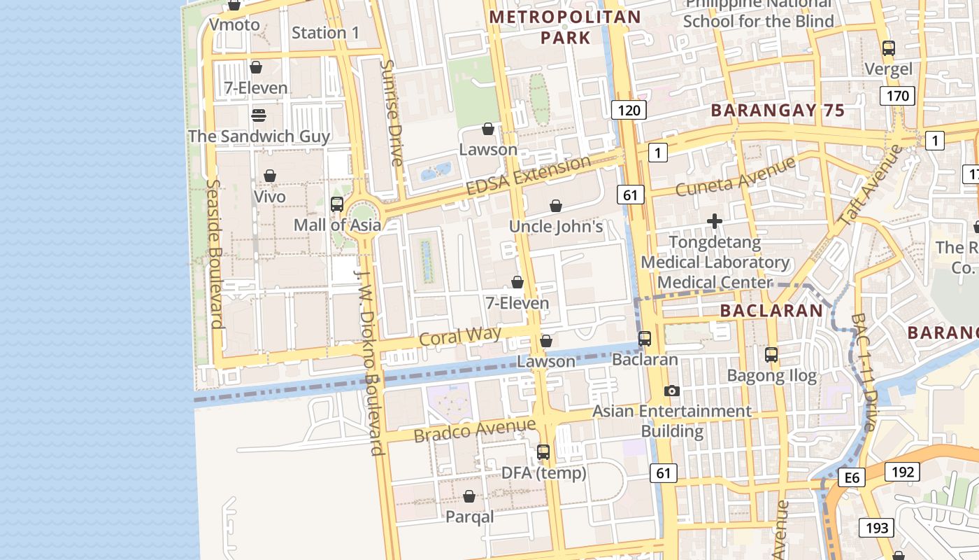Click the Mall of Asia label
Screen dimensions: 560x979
(337, 225)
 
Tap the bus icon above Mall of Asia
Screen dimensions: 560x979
(337, 204)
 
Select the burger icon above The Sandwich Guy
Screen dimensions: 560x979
(259, 115)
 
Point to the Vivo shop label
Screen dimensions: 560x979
(270, 197)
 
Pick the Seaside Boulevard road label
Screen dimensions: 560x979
(214, 253)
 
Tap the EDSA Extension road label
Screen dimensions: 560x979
(529, 176)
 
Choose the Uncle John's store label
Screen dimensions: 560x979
(556, 226)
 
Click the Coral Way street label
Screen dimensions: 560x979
(460, 336)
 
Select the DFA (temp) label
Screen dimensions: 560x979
(544, 473)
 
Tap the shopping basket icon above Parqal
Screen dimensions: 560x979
(469, 496)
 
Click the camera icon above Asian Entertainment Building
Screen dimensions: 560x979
(672, 391)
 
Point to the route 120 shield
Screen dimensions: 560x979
(629, 110)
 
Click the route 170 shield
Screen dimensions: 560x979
(897, 96)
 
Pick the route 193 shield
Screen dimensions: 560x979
(876, 528)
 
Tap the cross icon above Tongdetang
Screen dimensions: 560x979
(715, 222)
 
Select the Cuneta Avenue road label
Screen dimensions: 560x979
(736, 177)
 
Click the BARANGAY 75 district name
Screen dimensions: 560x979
(778, 110)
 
